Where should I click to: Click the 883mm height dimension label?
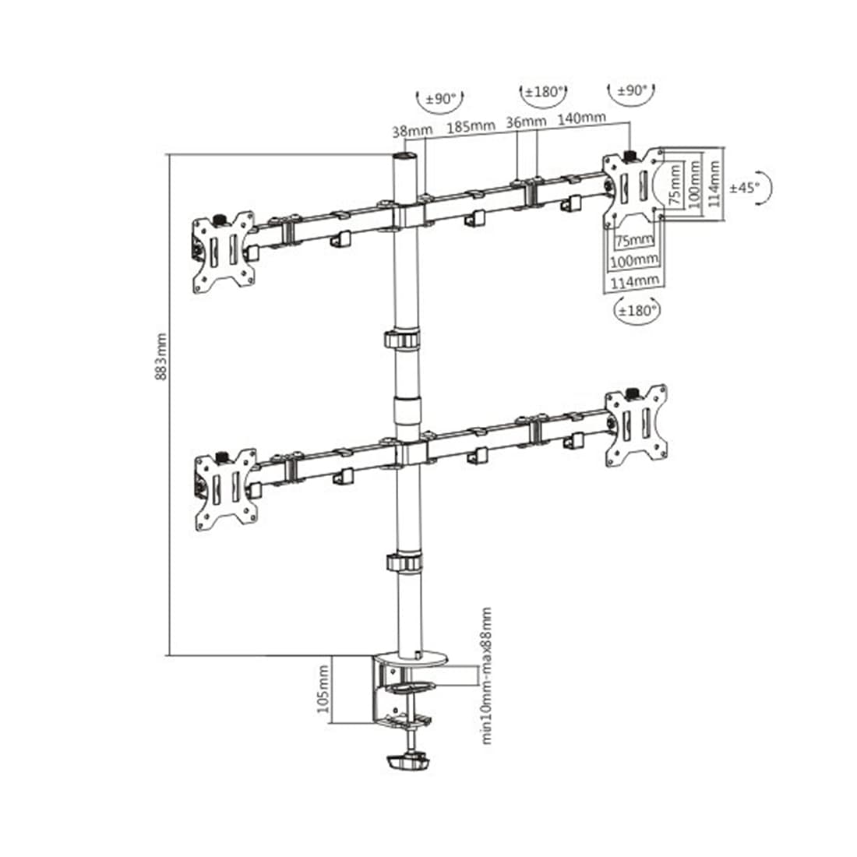click(161, 358)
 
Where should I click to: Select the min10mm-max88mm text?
click(487, 675)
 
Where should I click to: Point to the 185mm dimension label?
click(470, 124)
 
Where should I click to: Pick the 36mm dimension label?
click(526, 122)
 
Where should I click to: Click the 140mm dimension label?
click(581, 118)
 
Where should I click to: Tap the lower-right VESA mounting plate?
click(637, 426)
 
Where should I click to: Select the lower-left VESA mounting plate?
click(224, 488)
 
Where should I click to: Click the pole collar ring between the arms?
click(401, 340)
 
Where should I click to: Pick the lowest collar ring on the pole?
click(401, 562)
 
